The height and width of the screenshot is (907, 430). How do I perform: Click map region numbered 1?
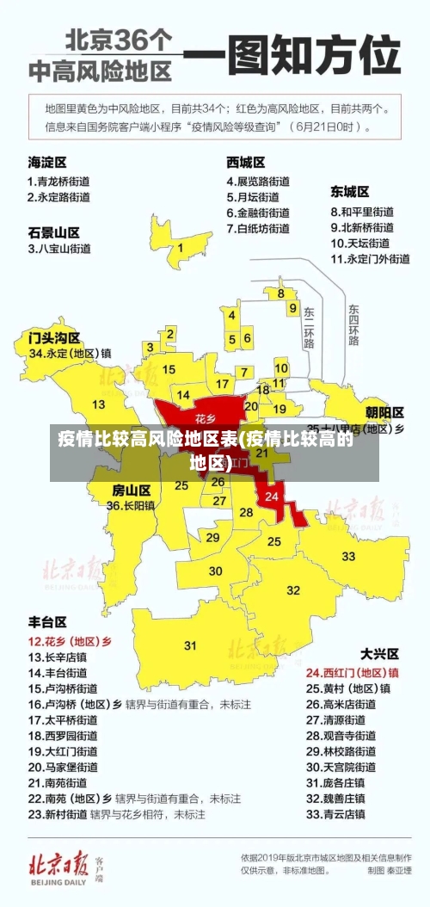tap(181, 247)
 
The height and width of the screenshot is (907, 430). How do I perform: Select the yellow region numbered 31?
tap(190, 645)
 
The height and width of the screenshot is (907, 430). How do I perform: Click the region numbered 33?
tap(348, 556)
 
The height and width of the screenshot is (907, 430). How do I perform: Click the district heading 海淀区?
tap(47, 162)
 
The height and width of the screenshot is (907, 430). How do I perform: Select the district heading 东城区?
tap(350, 191)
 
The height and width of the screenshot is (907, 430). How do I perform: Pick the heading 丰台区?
tap(47, 622)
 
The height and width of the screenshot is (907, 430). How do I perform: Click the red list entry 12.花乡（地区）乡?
tap(71, 642)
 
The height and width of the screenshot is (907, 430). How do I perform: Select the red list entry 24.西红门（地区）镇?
tap(353, 672)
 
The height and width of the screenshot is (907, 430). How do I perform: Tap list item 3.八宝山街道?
tap(59, 249)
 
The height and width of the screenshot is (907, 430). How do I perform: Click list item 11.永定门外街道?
tap(371, 258)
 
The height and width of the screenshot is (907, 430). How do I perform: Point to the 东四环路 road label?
tap(353, 324)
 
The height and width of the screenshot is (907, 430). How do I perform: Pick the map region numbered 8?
tap(280, 293)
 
